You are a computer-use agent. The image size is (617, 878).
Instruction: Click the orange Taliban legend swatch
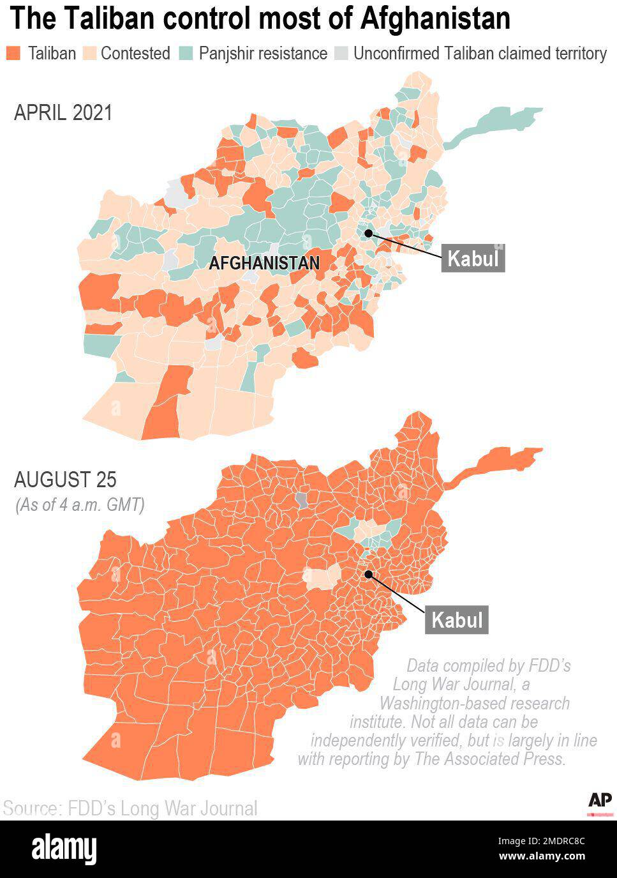[13, 53]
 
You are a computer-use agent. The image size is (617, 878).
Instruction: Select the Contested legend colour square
[89, 53]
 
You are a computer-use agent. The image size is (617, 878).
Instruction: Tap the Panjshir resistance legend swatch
[186, 53]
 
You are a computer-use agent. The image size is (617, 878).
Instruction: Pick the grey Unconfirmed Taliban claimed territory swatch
[342, 53]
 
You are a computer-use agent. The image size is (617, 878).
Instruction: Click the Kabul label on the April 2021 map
[473, 259]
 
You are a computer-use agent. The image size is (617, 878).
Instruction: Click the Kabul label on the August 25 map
[457, 620]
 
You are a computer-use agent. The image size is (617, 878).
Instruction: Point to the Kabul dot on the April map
[369, 233]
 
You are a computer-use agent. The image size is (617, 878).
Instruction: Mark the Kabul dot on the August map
[368, 574]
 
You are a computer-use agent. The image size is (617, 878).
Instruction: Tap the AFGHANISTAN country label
[264, 263]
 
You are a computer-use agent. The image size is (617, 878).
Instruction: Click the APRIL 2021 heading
[63, 113]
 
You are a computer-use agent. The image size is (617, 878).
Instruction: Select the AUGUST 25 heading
[65, 479]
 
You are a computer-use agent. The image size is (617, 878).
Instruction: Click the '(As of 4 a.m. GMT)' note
[80, 504]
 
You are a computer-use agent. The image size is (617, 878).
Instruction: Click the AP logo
[600, 800]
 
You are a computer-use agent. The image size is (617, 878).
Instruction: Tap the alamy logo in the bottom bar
[64, 849]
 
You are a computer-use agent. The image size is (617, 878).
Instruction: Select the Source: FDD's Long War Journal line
[130, 808]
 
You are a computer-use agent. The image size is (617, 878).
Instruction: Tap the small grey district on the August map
[302, 499]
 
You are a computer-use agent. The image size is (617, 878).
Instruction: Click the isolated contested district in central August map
[323, 577]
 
